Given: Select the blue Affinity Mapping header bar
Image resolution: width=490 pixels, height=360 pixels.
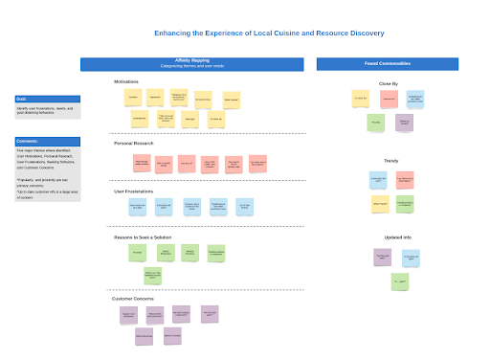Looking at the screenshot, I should tap(191, 64).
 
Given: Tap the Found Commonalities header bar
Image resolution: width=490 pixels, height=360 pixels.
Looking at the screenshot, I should tap(390, 64).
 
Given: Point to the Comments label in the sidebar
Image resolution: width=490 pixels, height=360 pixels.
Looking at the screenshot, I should tap(28, 141).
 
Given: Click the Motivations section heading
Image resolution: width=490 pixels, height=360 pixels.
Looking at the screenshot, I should tap(125, 82).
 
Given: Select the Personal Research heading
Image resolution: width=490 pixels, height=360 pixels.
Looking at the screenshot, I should tap(133, 144).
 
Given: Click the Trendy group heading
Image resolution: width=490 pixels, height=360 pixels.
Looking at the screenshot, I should tap(390, 161).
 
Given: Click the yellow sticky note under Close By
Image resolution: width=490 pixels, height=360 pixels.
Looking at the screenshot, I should tap(361, 98).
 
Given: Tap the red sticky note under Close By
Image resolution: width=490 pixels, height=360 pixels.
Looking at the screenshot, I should tap(389, 98).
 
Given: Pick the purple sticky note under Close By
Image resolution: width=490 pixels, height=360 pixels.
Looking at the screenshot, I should tap(404, 122).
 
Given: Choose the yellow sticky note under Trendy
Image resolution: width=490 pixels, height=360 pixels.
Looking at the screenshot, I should tap(380, 203).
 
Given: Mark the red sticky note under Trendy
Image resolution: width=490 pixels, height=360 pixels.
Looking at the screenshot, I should tap(404, 178).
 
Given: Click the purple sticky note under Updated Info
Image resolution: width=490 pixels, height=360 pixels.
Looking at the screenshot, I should tap(383, 257).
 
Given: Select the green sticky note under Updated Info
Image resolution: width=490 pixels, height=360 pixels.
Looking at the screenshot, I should tap(400, 281).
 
